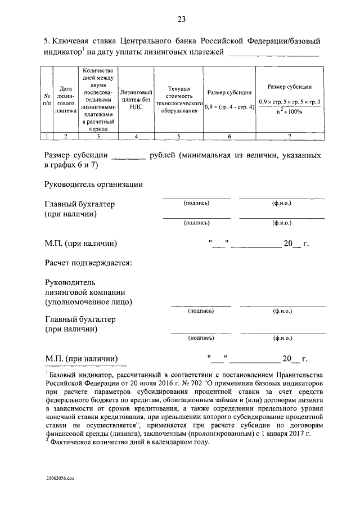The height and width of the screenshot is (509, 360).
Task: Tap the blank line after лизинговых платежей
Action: pos(272,55)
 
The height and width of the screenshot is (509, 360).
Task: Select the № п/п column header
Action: pos(48,100)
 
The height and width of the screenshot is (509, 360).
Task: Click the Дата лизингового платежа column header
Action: pos(66,100)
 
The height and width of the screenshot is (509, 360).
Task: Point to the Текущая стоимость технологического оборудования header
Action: pos(179,100)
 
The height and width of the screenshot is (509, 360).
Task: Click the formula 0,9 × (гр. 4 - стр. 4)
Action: pos(229,106)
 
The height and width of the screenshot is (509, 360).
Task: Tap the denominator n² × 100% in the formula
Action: pos(289,111)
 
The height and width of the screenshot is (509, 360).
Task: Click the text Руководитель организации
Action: pos(93,184)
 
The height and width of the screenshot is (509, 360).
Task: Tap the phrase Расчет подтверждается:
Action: pos(88,263)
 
